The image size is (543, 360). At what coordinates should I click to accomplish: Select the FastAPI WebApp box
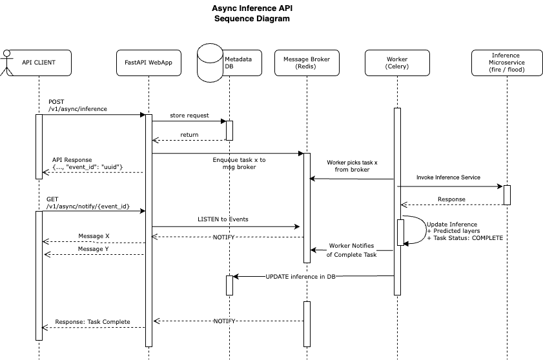point(149,63)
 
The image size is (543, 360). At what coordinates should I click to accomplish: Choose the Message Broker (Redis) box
point(307,63)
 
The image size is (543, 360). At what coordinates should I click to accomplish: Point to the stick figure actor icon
point(6,63)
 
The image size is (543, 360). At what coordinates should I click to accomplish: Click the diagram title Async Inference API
point(252,9)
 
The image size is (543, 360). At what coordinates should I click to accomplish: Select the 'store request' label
point(189,115)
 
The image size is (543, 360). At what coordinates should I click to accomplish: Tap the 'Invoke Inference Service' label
point(448,176)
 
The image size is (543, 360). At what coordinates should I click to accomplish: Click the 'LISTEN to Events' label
point(223,219)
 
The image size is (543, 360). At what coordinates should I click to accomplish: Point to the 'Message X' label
point(94,235)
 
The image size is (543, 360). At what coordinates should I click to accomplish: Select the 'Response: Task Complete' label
point(92,321)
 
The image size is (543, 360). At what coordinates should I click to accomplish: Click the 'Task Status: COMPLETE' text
point(465,238)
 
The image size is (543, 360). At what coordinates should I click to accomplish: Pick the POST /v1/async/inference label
point(77,106)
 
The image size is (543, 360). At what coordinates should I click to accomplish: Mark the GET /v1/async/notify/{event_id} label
point(88,202)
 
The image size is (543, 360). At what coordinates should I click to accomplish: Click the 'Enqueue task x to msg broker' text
point(239,163)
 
